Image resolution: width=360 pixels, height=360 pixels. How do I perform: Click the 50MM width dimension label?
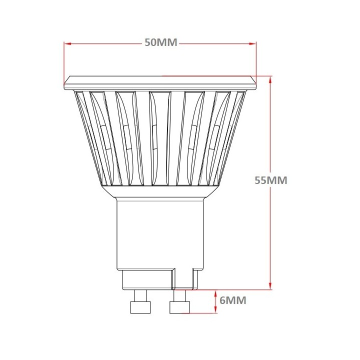pyautogui.click(x=161, y=42)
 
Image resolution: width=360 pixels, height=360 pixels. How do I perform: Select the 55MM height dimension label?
pyautogui.click(x=270, y=180)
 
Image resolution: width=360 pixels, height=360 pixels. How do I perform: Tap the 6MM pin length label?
pyautogui.click(x=233, y=300)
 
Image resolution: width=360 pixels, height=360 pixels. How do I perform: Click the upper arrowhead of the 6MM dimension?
pyautogui.click(x=215, y=292)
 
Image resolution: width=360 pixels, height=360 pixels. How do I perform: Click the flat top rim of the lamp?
pyautogui.click(x=160, y=83)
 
